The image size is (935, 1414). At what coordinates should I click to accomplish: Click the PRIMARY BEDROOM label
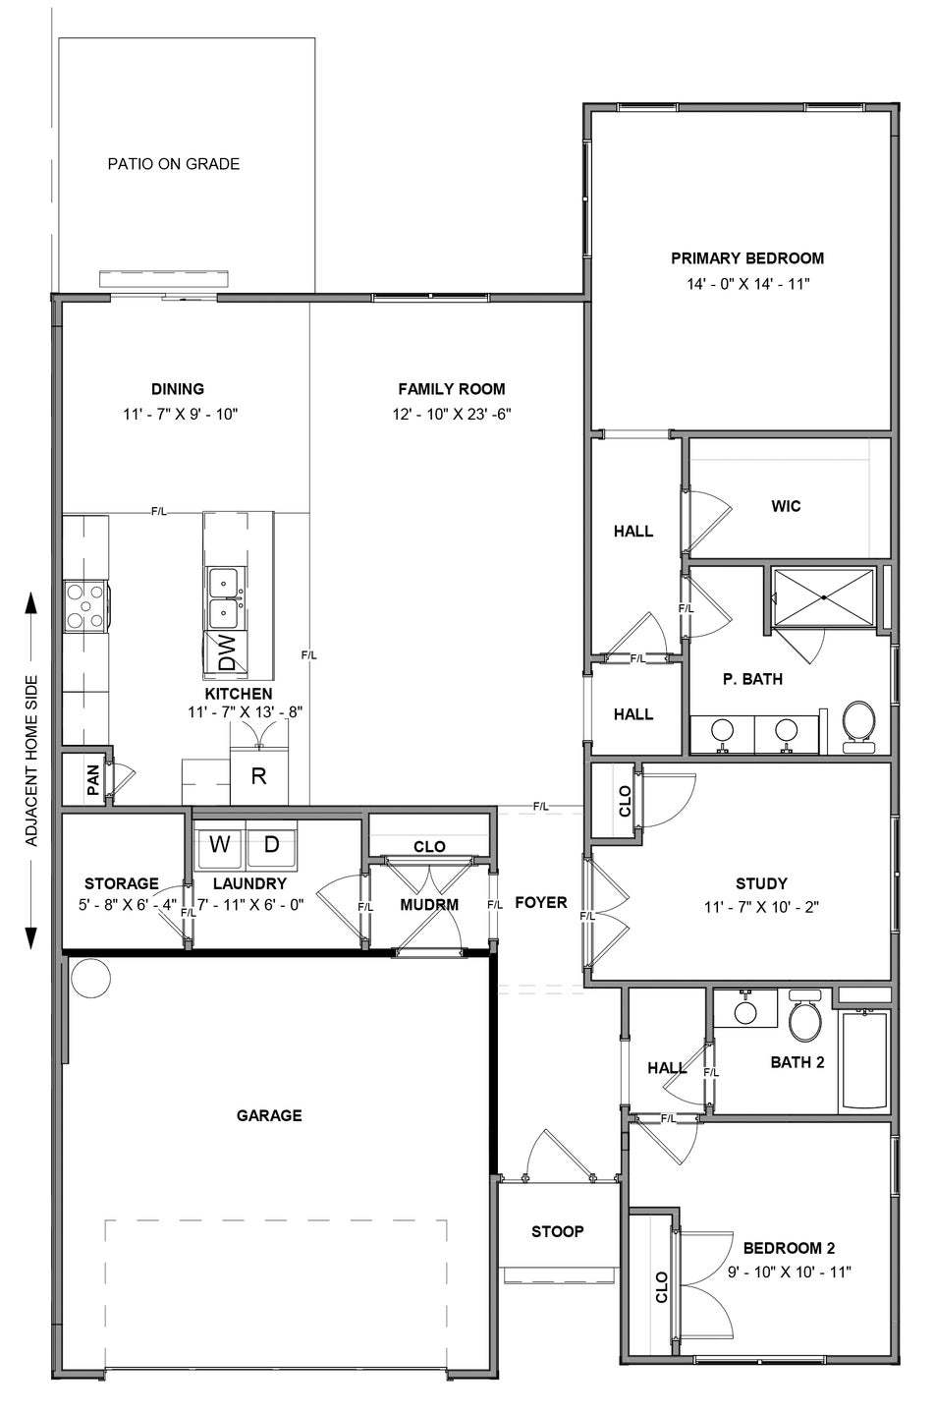tap(747, 258)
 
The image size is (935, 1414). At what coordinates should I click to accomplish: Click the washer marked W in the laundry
tap(219, 844)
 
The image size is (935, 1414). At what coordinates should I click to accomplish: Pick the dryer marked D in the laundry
tap(271, 844)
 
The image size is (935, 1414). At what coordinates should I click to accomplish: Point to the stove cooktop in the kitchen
tap(85, 607)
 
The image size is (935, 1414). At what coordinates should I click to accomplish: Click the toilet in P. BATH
tap(859, 726)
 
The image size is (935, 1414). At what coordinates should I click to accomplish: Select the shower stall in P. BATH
tap(823, 597)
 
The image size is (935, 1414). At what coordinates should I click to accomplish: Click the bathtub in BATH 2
tap(865, 1060)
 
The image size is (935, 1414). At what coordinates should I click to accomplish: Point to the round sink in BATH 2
tap(745, 1013)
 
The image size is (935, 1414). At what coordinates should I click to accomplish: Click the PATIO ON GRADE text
tap(174, 164)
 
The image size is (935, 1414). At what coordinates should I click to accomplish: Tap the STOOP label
tap(558, 1231)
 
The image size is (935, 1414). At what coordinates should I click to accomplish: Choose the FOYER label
tap(541, 903)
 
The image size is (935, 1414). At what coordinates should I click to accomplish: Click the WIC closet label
tap(786, 506)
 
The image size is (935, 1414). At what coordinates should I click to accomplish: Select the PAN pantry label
tap(92, 779)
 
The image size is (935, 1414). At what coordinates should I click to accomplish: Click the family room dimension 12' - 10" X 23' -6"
tap(452, 414)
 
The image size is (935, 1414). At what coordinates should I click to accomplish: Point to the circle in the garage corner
tap(91, 978)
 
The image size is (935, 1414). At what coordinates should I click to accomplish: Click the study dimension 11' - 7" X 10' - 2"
tap(761, 907)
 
